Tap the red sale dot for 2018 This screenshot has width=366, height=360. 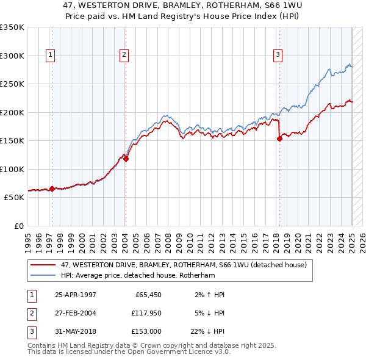279,139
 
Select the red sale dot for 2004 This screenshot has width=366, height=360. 126,159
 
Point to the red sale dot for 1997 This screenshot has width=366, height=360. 52,189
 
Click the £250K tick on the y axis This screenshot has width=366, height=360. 12,84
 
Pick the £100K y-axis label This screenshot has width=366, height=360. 12,169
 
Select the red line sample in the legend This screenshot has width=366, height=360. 43,265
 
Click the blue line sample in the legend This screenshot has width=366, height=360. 43,275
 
